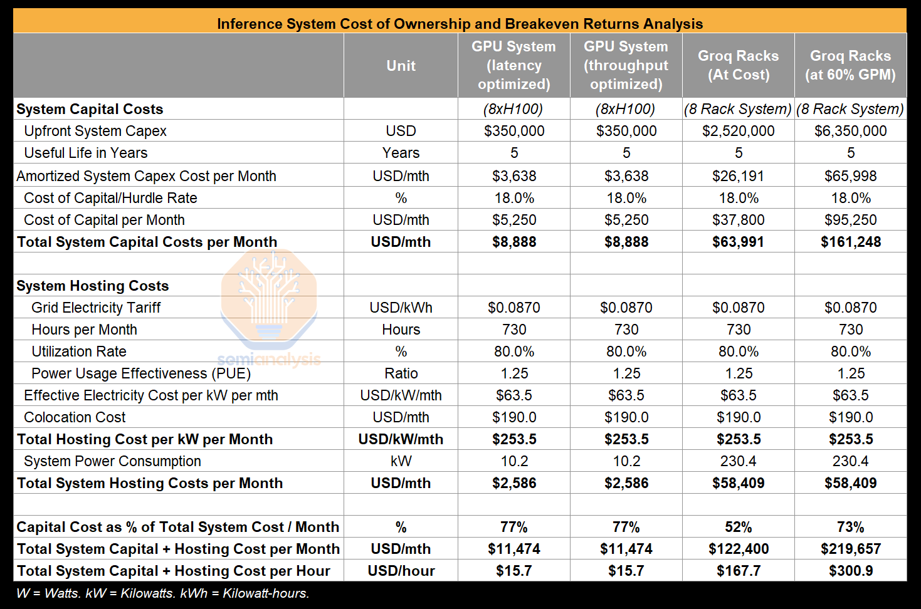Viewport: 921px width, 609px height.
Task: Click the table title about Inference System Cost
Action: [x=460, y=24]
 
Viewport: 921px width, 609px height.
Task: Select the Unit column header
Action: [x=401, y=66]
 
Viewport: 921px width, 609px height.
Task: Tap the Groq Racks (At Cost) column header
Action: [x=738, y=65]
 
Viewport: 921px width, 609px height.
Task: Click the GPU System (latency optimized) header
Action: [x=513, y=65]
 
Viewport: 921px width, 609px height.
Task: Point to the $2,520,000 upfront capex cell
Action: [x=738, y=131]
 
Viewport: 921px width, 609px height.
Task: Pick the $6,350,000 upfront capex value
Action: [x=850, y=131]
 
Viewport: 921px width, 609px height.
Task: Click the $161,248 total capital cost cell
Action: [x=850, y=242]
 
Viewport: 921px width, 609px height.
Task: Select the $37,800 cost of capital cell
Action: [x=738, y=220]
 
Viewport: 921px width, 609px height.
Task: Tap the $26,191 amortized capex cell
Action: [x=738, y=176]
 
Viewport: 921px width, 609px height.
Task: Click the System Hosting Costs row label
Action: [x=93, y=286]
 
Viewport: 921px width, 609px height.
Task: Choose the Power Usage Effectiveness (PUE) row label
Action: [x=141, y=373]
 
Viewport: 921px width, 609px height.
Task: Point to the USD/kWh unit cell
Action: [x=401, y=308]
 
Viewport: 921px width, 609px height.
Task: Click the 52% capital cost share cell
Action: [x=738, y=527]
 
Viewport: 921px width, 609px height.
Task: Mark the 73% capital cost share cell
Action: [x=850, y=527]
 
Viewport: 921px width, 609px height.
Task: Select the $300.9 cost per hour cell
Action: [x=850, y=571]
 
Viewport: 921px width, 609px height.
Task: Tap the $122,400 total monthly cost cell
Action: [x=738, y=549]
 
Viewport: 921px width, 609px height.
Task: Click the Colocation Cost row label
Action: [x=75, y=417]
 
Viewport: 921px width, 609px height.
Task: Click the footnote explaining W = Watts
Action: [x=162, y=593]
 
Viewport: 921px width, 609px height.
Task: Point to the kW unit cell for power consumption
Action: [x=401, y=461]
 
